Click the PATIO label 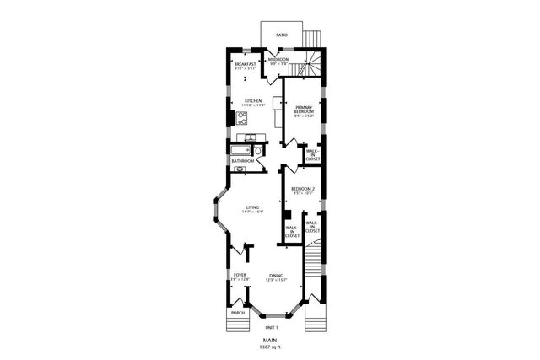(281, 36)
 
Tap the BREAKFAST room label (246, 64)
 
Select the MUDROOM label (279, 60)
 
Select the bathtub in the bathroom (240, 150)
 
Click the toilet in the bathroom (259, 151)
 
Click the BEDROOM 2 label (303, 188)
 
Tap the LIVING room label (252, 207)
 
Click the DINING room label (277, 276)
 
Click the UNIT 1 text (271, 327)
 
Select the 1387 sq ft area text (270, 347)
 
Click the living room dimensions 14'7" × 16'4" (252, 212)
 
